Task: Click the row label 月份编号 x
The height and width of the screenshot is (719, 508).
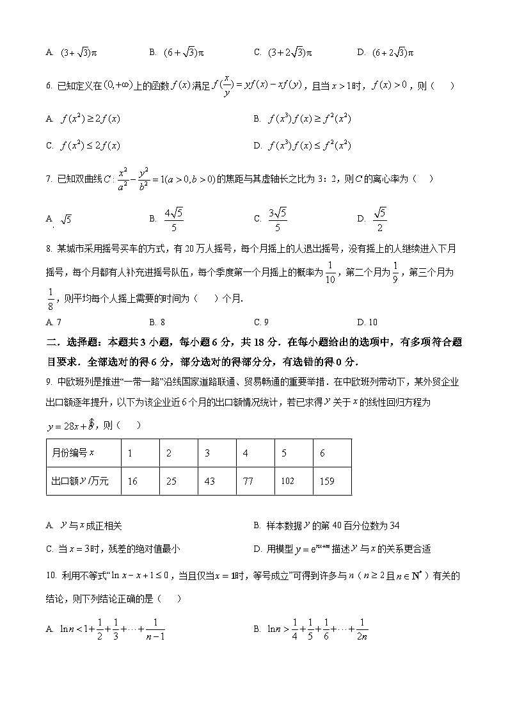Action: pos(73,453)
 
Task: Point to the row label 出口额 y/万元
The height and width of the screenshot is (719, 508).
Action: pos(76,481)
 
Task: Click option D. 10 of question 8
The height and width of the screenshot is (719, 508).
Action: pos(367,322)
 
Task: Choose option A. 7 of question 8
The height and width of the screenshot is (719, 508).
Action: pos(54,322)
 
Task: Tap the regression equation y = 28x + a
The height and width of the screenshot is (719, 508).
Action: pos(71,424)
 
